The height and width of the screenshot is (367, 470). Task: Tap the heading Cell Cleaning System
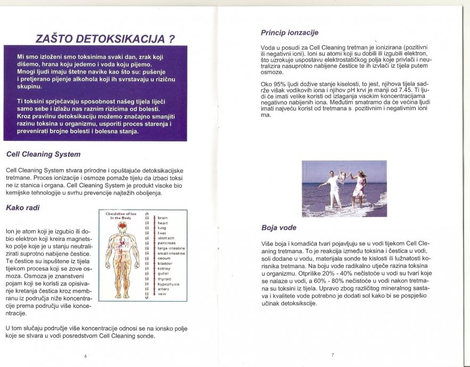pos(43,154)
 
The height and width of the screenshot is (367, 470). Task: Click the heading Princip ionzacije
pos(286,33)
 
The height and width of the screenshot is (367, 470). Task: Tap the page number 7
pos(332,354)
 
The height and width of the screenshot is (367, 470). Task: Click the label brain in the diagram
pos(162,218)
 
